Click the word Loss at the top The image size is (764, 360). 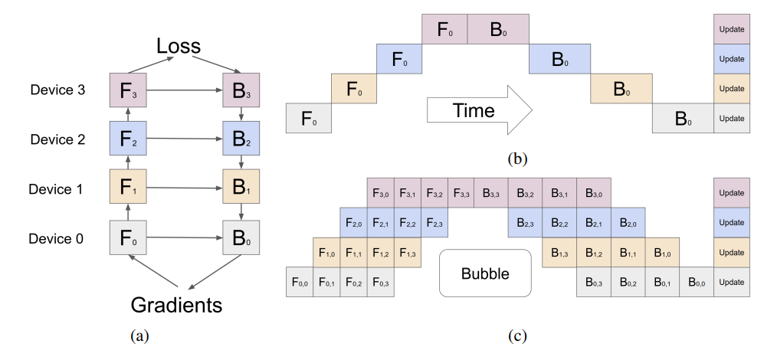(x=179, y=46)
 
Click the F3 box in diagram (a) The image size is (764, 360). (x=128, y=90)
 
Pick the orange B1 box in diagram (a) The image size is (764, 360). (x=241, y=188)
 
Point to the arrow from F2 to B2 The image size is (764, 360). (x=184, y=140)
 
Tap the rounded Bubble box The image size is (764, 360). (x=485, y=273)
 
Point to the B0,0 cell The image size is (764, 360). (x=697, y=282)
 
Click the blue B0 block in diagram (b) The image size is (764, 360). (x=559, y=59)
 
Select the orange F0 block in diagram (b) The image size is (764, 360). (x=353, y=90)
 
